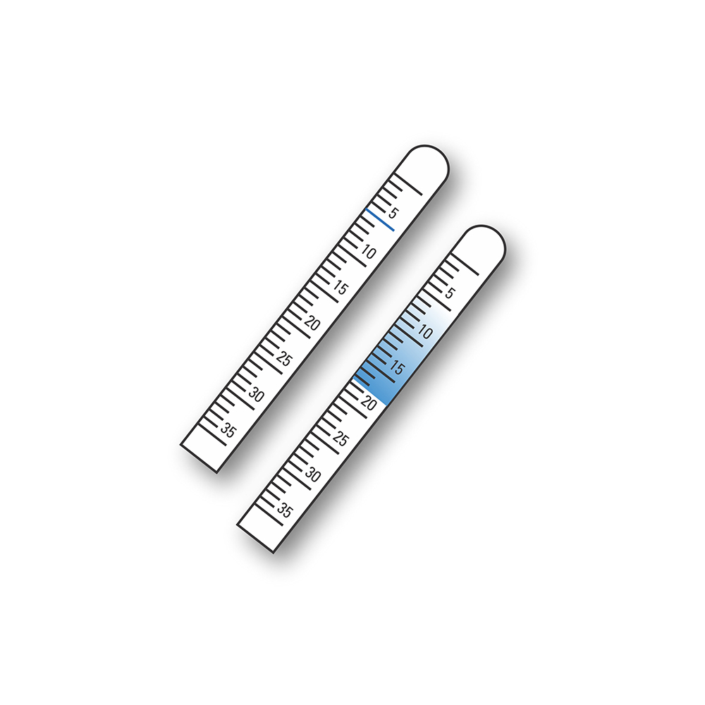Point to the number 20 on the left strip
(x=312, y=324)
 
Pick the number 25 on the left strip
(x=284, y=360)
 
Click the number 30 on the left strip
(x=256, y=396)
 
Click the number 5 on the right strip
(x=450, y=293)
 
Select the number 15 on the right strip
(x=397, y=367)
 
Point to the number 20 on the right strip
(x=368, y=403)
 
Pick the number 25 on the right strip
(x=341, y=440)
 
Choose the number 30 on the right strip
(x=312, y=476)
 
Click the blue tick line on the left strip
(x=381, y=219)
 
